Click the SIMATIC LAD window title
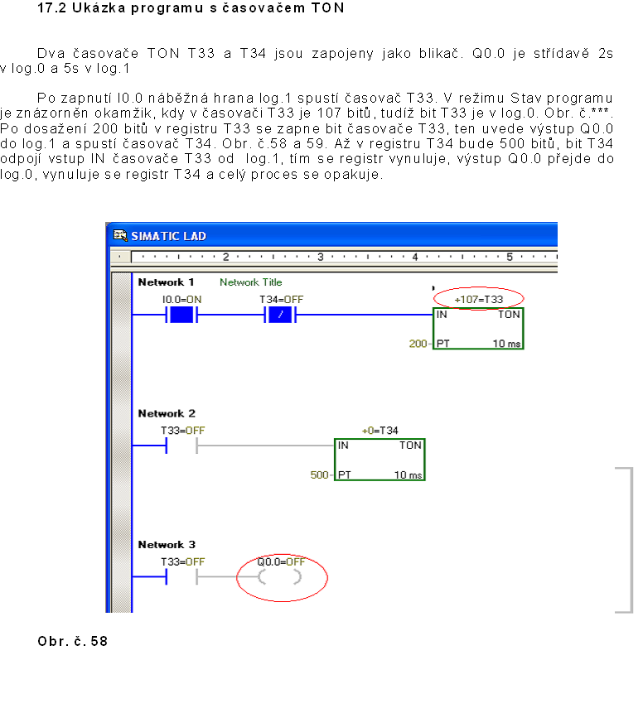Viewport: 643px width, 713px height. pyautogui.click(x=168, y=236)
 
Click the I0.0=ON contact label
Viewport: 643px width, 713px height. pyautogui.click(x=182, y=299)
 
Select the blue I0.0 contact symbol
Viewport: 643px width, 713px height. pyautogui.click(x=181, y=316)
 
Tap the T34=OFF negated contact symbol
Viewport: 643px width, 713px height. pyautogui.click(x=280, y=316)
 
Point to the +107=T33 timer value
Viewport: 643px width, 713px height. pyautogui.click(x=478, y=299)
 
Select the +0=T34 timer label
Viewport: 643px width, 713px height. pyautogui.click(x=380, y=431)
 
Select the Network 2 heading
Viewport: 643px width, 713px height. pyautogui.click(x=167, y=413)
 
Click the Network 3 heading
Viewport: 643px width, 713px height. pyautogui.click(x=167, y=545)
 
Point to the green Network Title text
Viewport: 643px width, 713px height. pyautogui.click(x=250, y=282)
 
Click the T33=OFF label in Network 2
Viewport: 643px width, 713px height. pyautogui.click(x=182, y=431)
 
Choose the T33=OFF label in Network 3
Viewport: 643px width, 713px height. pyautogui.click(x=182, y=561)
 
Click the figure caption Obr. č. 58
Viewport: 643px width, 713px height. pyautogui.click(x=73, y=642)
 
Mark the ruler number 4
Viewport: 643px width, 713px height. pyautogui.click(x=414, y=257)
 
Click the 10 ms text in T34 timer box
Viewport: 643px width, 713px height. pyautogui.click(x=408, y=475)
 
